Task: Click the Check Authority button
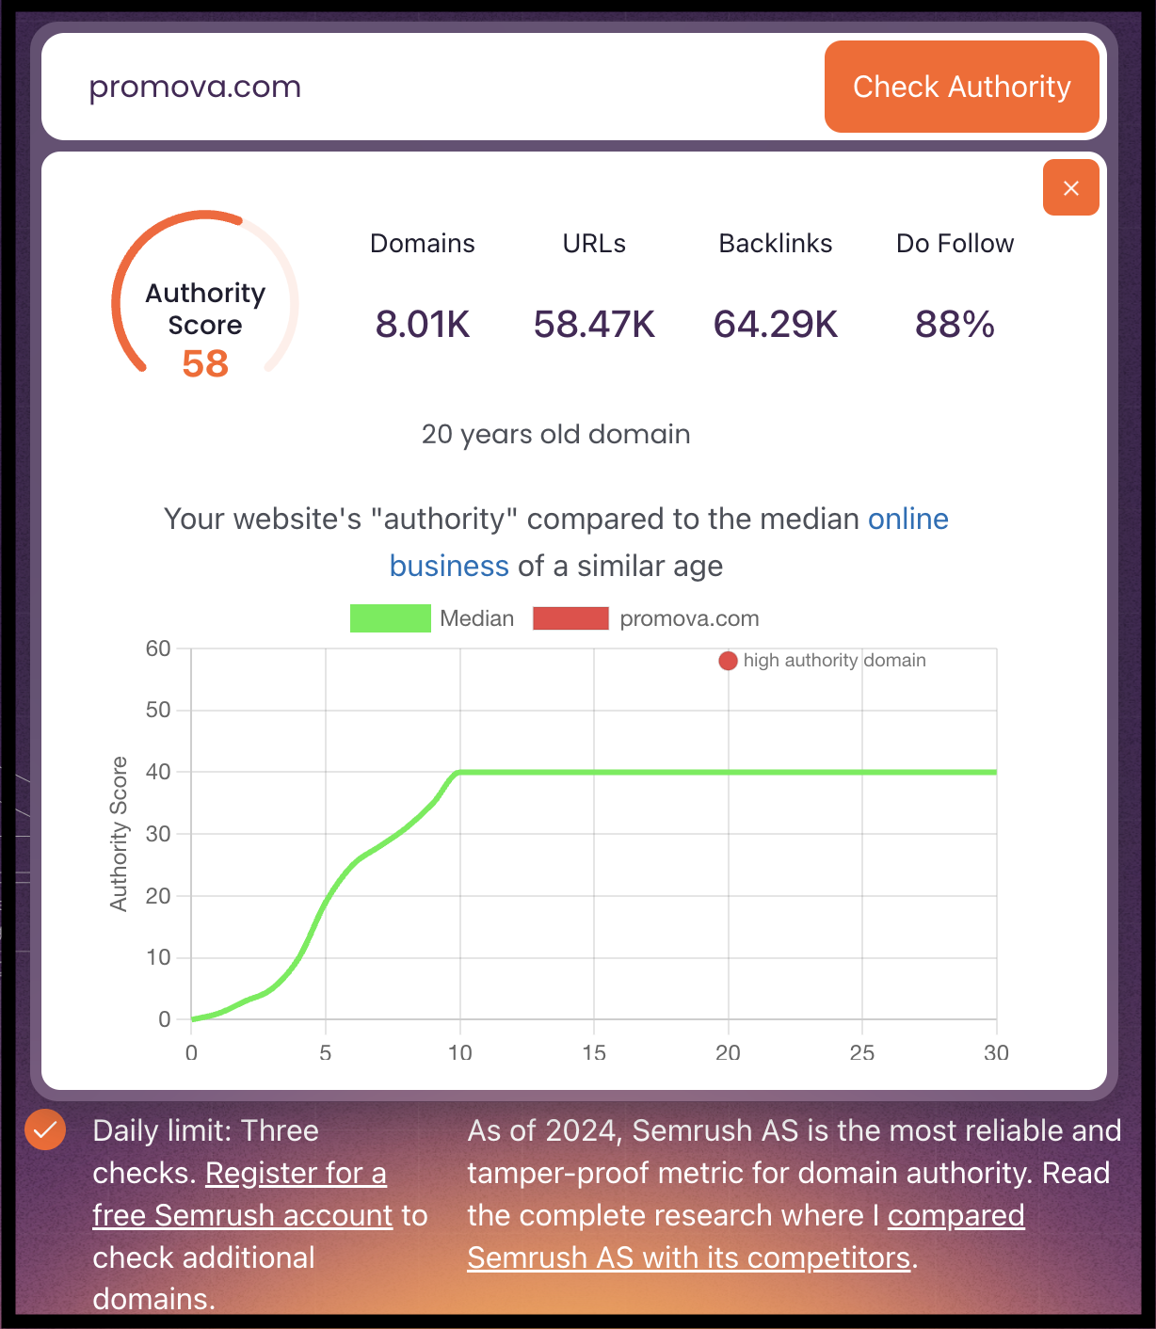(x=961, y=87)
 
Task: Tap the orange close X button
(x=1070, y=188)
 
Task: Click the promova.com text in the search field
(x=195, y=87)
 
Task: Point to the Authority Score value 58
(x=205, y=364)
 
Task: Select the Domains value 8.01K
(x=423, y=325)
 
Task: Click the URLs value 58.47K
(x=594, y=325)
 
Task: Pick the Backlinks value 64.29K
(x=776, y=325)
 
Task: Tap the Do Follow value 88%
(x=955, y=325)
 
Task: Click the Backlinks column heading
(x=776, y=244)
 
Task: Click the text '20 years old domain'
(x=555, y=434)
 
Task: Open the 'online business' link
(x=907, y=520)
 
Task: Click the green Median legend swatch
(x=390, y=618)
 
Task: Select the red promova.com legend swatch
(x=570, y=618)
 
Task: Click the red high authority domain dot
(x=728, y=661)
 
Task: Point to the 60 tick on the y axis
(x=158, y=648)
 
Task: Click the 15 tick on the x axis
(x=594, y=1052)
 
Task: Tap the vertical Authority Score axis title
(x=119, y=833)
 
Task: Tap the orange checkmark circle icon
(x=45, y=1129)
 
